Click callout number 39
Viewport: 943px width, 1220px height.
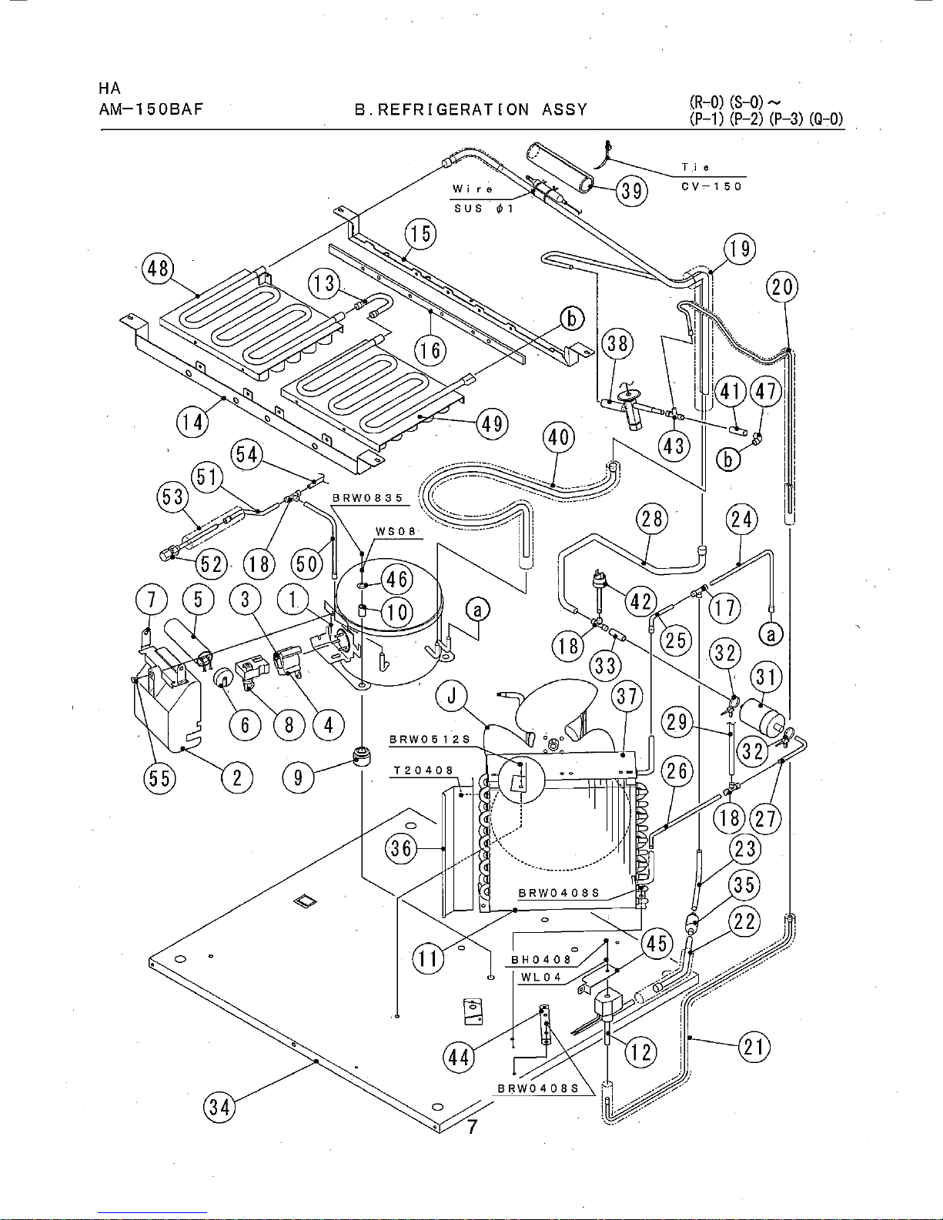(x=631, y=192)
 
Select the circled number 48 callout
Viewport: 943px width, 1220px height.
(x=158, y=269)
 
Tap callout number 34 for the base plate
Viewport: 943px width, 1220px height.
(x=219, y=1108)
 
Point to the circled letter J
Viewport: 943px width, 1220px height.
(x=451, y=697)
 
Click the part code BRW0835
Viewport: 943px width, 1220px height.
(x=368, y=498)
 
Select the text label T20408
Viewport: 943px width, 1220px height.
(x=423, y=770)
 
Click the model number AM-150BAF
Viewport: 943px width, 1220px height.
(x=151, y=109)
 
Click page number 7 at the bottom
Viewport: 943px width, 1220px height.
(x=472, y=1126)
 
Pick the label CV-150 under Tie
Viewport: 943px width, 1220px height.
(x=712, y=186)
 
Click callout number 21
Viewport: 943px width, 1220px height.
(x=754, y=1047)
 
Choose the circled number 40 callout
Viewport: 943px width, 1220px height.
(x=559, y=436)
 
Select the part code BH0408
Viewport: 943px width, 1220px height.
(x=541, y=960)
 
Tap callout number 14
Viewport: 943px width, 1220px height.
(x=192, y=421)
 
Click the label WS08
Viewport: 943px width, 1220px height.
(x=396, y=532)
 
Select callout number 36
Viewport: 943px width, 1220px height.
(x=401, y=847)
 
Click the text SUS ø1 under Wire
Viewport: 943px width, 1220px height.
(x=483, y=209)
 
